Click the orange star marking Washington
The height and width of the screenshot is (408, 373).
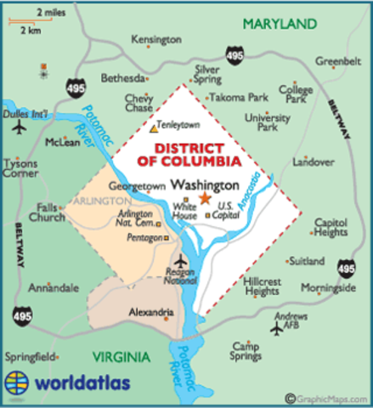point(204,198)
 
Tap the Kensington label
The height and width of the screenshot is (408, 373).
point(157,40)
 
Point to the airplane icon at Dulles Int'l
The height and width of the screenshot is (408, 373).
point(20,127)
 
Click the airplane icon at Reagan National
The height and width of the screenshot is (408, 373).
point(179,260)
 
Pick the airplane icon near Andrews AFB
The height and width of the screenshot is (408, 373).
point(276,329)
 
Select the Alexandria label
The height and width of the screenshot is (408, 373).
point(150,312)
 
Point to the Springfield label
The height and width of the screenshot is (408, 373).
point(30,355)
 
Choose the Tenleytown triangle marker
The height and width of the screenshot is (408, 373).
point(154,130)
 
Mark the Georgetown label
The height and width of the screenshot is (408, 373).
point(136,184)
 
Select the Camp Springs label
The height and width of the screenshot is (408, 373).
point(246,351)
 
